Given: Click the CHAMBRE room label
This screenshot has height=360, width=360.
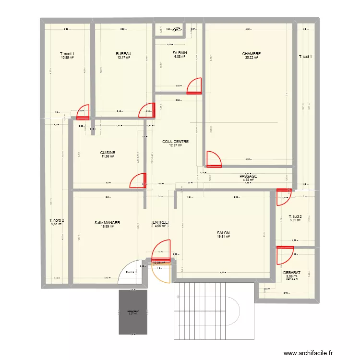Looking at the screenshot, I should [251, 54].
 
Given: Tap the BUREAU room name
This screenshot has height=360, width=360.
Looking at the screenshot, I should [124, 54].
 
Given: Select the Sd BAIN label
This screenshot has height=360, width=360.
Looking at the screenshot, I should [180, 54].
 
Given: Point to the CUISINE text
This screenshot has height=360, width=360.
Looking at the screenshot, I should [108, 153].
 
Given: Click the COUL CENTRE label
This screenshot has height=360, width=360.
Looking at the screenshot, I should [175, 142].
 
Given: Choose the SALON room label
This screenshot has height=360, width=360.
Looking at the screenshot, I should [223, 232].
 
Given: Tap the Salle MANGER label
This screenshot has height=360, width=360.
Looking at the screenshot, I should [107, 223].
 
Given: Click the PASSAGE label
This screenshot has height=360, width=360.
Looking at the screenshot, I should [248, 176].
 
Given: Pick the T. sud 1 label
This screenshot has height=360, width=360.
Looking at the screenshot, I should [306, 57].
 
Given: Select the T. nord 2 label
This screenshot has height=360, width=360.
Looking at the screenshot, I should [57, 220].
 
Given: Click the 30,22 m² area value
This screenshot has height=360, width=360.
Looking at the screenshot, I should [251, 58].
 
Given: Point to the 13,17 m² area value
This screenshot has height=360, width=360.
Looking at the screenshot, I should [124, 58].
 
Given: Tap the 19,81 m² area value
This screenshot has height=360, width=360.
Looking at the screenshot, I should [223, 236].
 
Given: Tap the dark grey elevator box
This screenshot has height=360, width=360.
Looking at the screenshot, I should [132, 312].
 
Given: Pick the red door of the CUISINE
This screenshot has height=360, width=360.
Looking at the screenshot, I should [138, 180].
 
